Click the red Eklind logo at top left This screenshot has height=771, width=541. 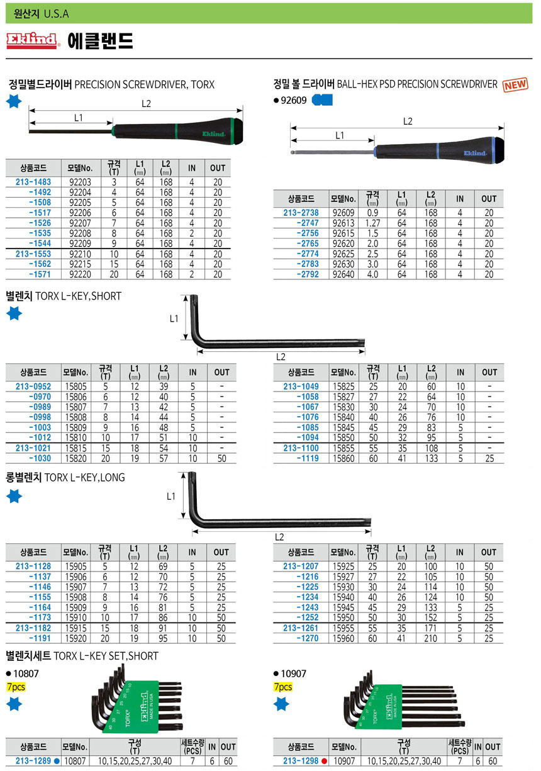pyautogui.click(x=31, y=41)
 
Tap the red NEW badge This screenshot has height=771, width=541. pyautogui.click(x=515, y=85)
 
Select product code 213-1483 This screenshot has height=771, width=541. pyautogui.click(x=33, y=182)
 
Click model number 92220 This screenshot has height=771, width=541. pyautogui.click(x=80, y=274)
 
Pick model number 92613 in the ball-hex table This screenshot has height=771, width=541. pyautogui.click(x=343, y=223)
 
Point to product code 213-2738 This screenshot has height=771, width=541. pyautogui.click(x=301, y=213)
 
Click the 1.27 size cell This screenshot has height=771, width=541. pyautogui.click(x=373, y=223)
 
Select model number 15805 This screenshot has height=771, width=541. pyautogui.click(x=75, y=386)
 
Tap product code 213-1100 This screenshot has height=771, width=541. pyautogui.click(x=301, y=448)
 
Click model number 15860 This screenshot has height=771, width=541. pyautogui.click(x=343, y=458)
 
